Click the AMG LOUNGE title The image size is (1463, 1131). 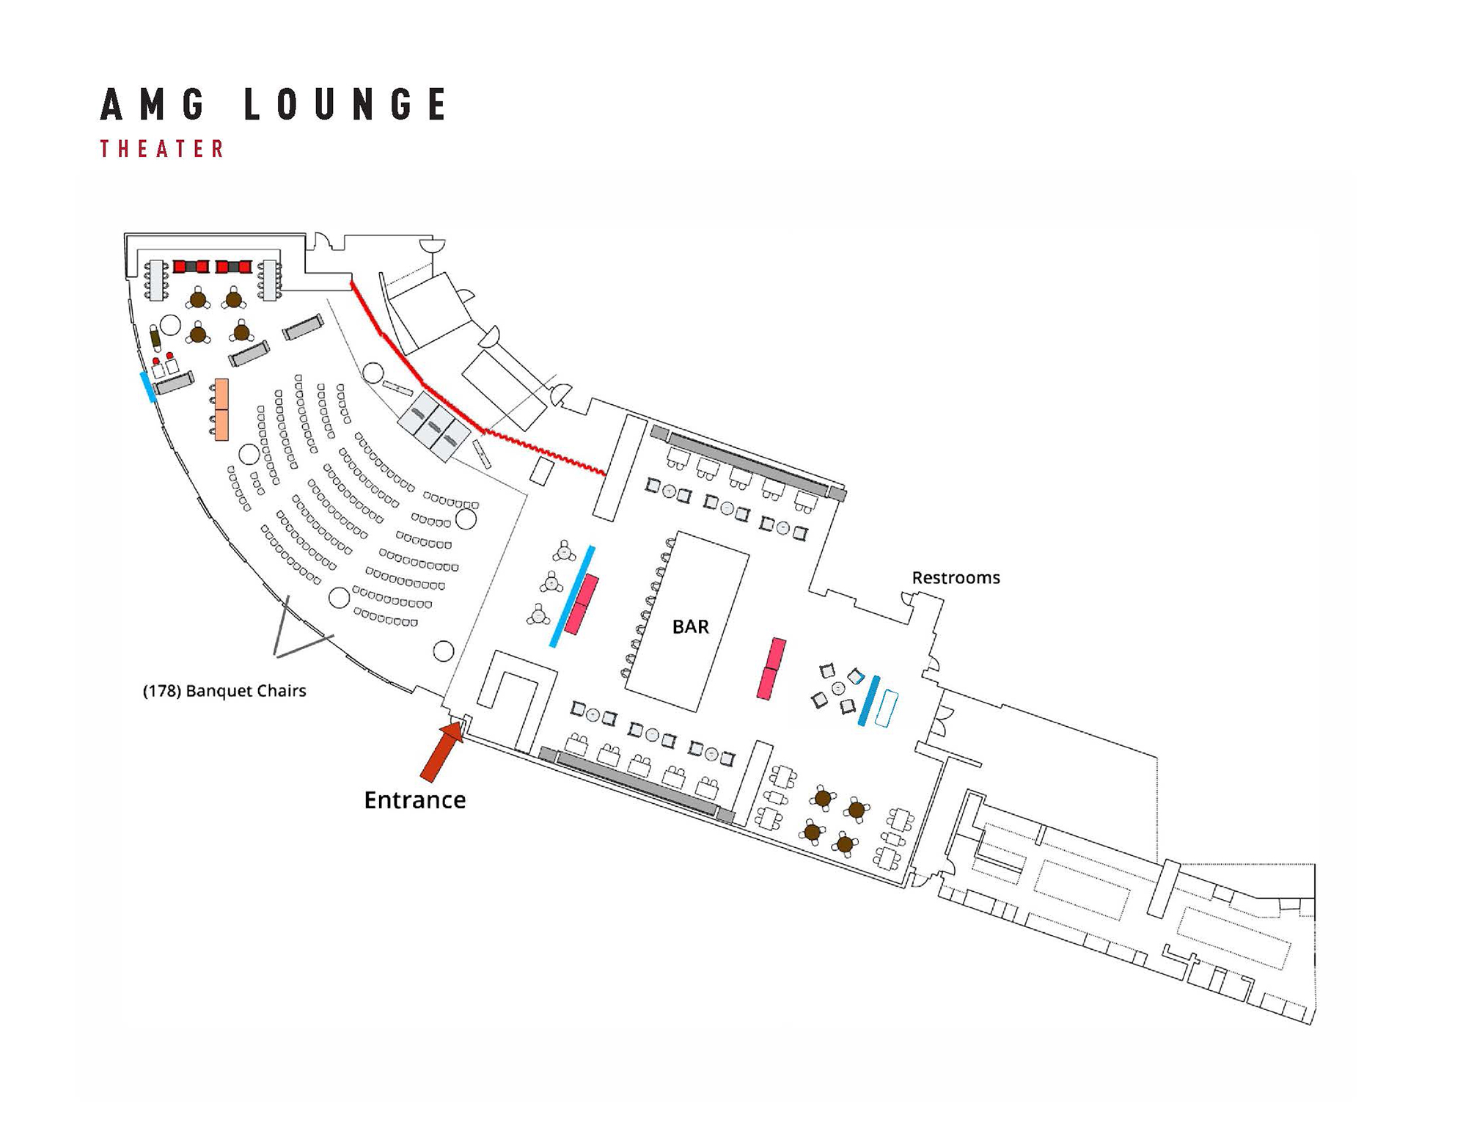(273, 103)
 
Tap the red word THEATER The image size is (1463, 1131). (162, 149)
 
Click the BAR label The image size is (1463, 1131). (690, 626)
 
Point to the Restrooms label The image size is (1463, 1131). (955, 578)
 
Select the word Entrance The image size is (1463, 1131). (414, 799)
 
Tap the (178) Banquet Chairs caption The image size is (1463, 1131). (224, 691)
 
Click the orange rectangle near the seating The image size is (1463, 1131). (221, 409)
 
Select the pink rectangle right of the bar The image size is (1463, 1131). (771, 668)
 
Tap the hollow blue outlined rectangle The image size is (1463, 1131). (887, 709)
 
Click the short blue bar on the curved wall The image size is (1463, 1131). (147, 387)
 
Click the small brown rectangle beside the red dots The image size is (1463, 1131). (155, 339)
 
